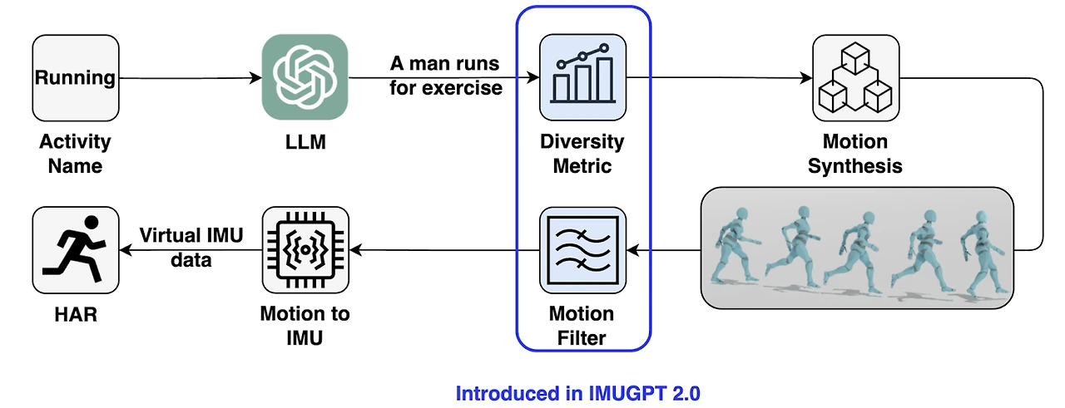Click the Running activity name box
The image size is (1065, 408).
tap(76, 78)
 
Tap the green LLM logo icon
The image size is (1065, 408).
tap(305, 77)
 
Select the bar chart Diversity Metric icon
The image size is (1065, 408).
tap(582, 77)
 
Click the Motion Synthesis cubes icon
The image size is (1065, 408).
tap(856, 78)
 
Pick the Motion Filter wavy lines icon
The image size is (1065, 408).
tap(582, 250)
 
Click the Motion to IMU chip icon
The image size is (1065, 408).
tap(305, 250)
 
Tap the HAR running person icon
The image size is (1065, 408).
tap(76, 250)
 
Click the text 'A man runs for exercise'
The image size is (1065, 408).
tap(445, 76)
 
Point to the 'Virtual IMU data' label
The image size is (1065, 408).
tap(191, 248)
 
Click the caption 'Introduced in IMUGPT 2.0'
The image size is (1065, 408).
tap(577, 393)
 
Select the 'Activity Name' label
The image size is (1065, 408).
tap(75, 154)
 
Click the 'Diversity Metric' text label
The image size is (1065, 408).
tap(582, 154)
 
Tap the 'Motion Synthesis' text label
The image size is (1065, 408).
tap(854, 154)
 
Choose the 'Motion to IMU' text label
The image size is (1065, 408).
tap(305, 326)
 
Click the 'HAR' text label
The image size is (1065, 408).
tap(76, 314)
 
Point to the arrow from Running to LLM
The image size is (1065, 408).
tap(191, 78)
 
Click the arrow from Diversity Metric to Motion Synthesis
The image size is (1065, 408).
tap(720, 77)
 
